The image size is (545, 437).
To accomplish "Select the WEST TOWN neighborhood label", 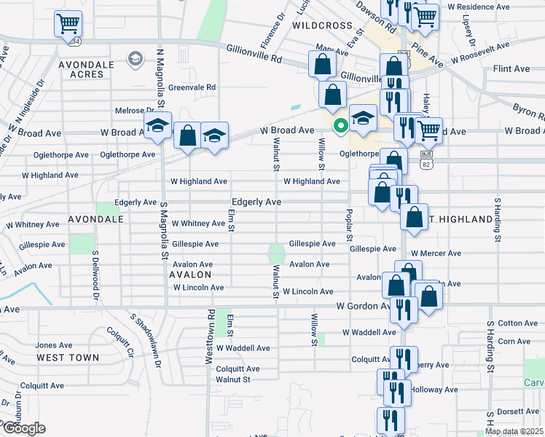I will pos(68,358).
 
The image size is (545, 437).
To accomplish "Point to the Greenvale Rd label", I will pos(192,87).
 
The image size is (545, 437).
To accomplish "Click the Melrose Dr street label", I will pos(132,111).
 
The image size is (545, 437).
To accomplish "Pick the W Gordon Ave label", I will pos(362,306).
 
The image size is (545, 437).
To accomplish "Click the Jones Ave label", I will pos(55,345).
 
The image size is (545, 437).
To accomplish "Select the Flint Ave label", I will pos(511,68).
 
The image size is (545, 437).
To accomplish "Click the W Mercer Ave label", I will pos(436,253).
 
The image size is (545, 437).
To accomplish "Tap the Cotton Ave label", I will pos(518,323).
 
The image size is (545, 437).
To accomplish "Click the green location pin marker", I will pos(340,125).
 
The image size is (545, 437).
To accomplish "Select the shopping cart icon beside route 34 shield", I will pos(68,23).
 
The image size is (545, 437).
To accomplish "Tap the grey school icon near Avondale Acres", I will pos(135,59).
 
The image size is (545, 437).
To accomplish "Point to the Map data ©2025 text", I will pos(514,431).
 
